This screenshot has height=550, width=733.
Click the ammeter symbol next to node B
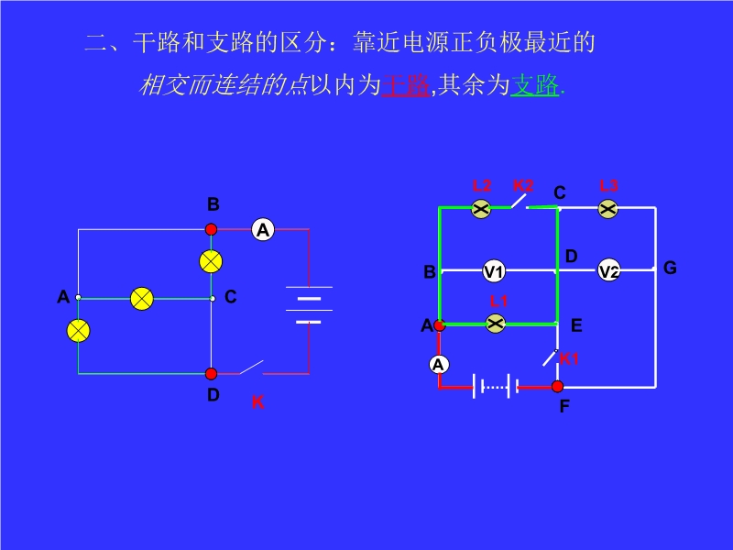point(263,229)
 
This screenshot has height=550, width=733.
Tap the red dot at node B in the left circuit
point(212,229)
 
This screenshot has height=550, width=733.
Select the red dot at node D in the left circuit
point(212,373)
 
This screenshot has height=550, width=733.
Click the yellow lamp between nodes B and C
point(212,261)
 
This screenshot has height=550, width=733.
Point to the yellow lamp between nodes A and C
point(141,298)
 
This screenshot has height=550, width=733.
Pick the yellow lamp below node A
point(79,330)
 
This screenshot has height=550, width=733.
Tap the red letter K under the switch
point(257,402)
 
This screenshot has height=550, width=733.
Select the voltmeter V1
point(494,271)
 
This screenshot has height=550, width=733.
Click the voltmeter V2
point(609,271)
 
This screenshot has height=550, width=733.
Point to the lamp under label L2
point(481,209)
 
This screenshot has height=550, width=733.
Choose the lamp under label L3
point(608,209)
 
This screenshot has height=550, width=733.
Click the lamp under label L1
point(496,323)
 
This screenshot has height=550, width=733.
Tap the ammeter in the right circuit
point(439,364)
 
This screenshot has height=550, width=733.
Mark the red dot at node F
point(557,387)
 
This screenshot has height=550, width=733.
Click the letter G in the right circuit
point(670,268)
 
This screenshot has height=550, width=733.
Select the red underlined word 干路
point(405,86)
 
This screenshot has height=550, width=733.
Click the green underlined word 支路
point(534,86)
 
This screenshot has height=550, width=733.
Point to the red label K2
point(523,186)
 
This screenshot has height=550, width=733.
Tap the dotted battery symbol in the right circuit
point(496,387)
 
